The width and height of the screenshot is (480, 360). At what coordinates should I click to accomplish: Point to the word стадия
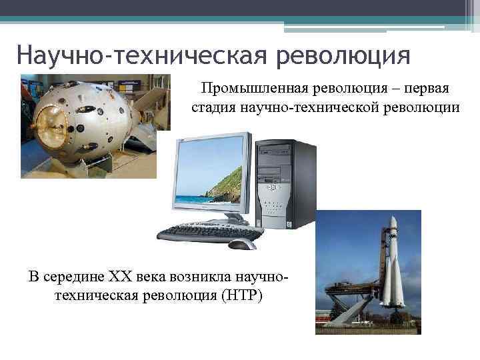[215, 107]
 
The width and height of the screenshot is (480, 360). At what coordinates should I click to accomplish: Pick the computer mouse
[242, 244]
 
